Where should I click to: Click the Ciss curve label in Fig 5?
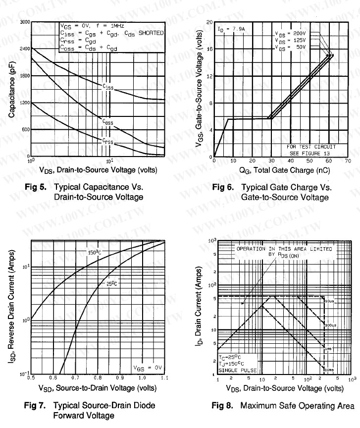point(108,88)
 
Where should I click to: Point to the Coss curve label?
point(108,121)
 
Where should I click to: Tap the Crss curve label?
point(108,142)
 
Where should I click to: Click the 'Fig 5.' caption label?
point(35,188)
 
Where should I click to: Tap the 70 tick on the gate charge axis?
point(348,161)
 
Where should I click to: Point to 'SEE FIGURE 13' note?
point(310,152)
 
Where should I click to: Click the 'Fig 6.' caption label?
point(223,188)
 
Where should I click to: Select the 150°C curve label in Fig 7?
point(95,252)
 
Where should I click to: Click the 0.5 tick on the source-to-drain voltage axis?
point(31,378)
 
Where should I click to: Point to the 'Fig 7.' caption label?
point(35,406)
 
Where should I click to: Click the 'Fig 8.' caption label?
point(223,406)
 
